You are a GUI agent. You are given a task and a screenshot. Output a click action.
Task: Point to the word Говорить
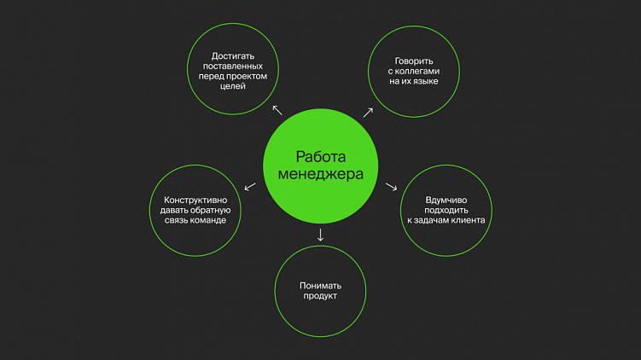[414, 61]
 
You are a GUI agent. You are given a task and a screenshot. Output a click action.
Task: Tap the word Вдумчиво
[446, 200]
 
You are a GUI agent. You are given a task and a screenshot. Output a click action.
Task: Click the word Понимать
[319, 285]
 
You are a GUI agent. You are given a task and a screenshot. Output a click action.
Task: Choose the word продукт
[319, 296]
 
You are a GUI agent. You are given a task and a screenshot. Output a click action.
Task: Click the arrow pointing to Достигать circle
[277, 110]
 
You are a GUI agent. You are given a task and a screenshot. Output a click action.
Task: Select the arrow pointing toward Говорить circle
[368, 112]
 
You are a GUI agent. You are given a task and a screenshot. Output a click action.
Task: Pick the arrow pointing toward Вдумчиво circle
[393, 187]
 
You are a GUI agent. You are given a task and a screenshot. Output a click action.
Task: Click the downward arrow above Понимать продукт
[320, 234]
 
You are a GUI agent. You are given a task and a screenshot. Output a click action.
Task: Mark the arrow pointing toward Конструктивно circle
[250, 186]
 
